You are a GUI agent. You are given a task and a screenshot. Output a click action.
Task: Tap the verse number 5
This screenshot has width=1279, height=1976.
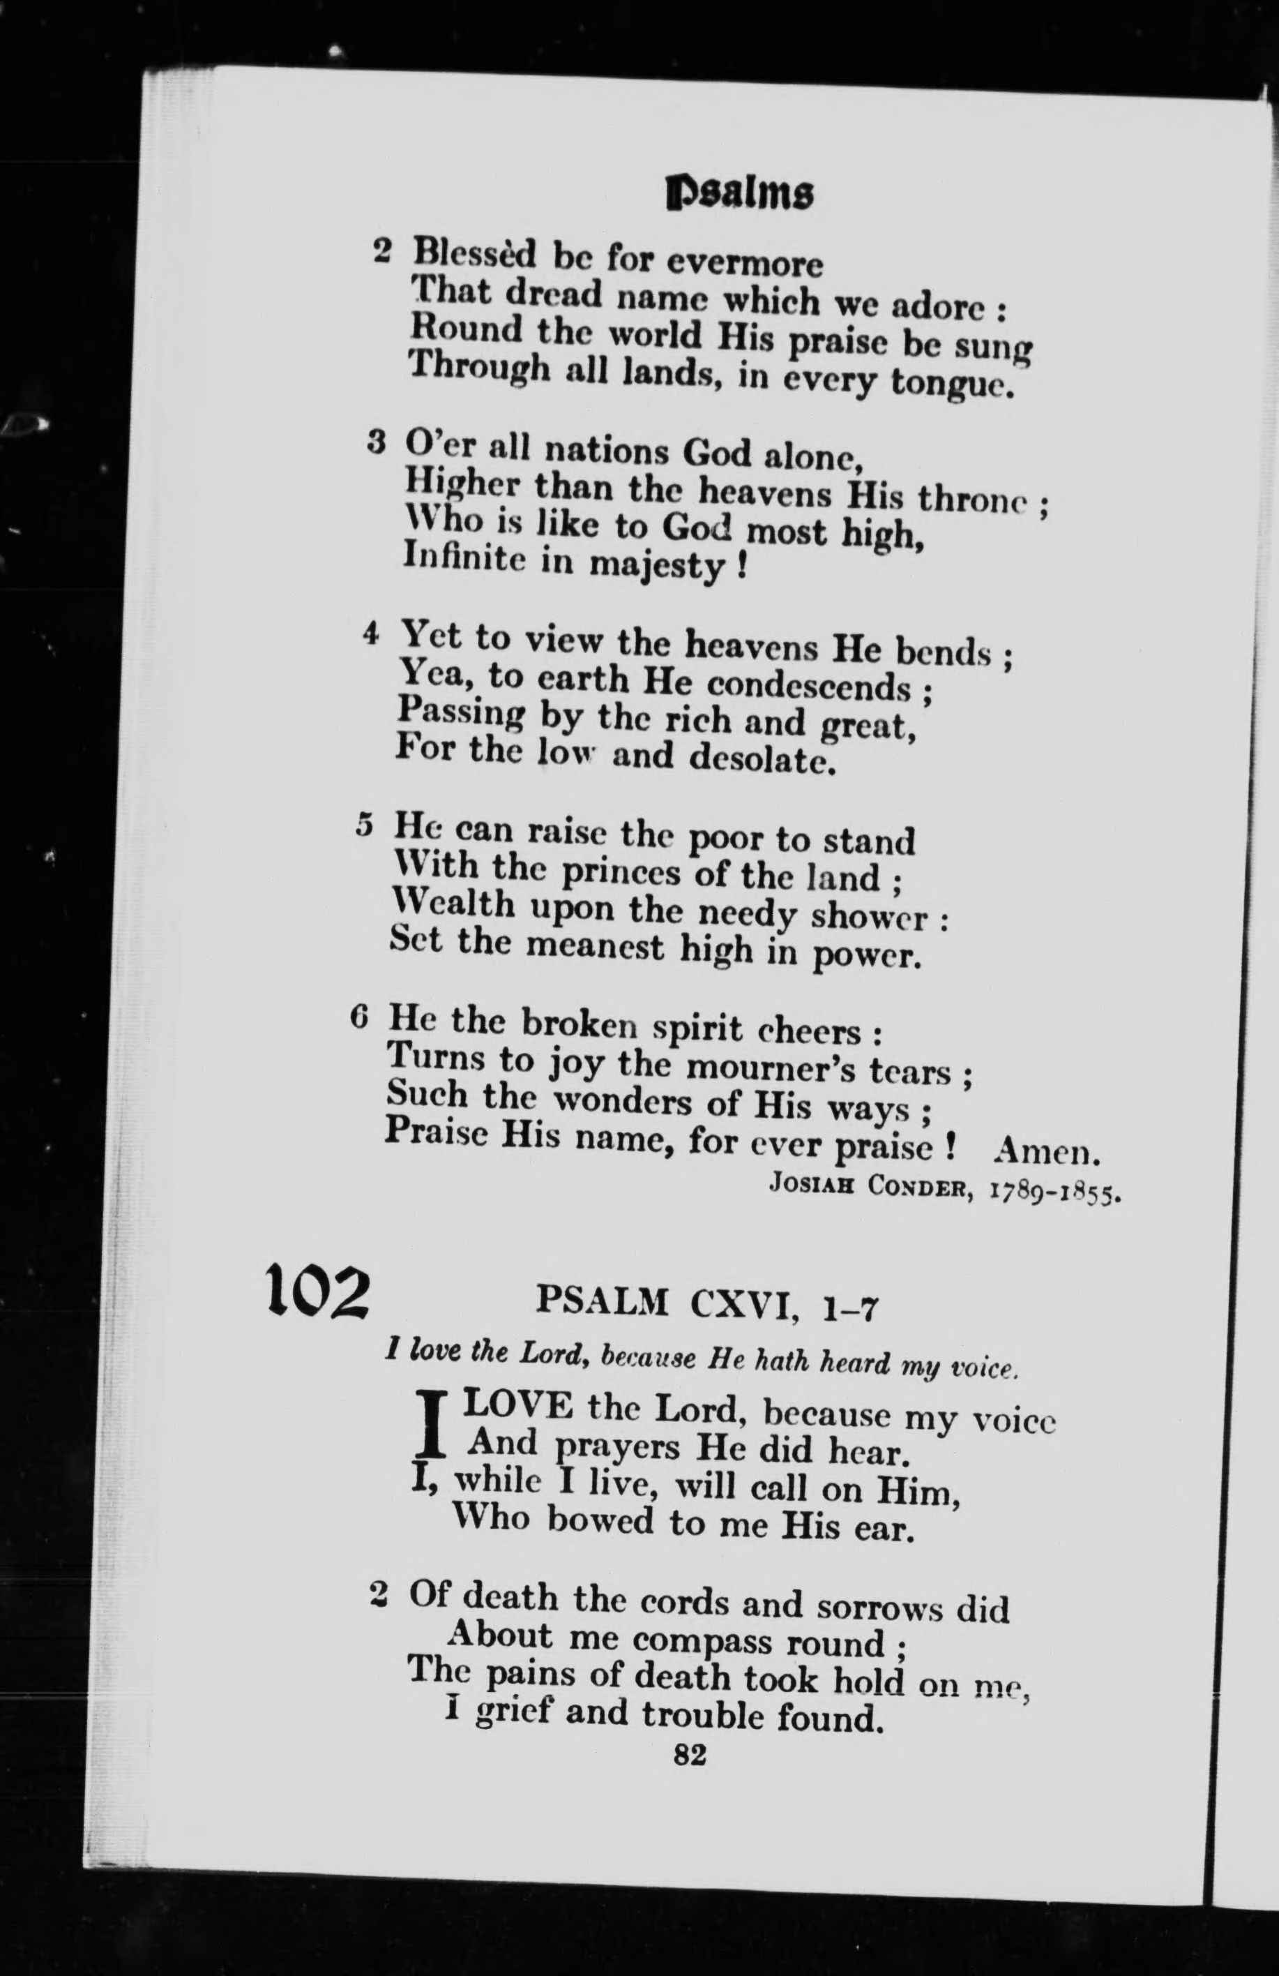click(x=363, y=825)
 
